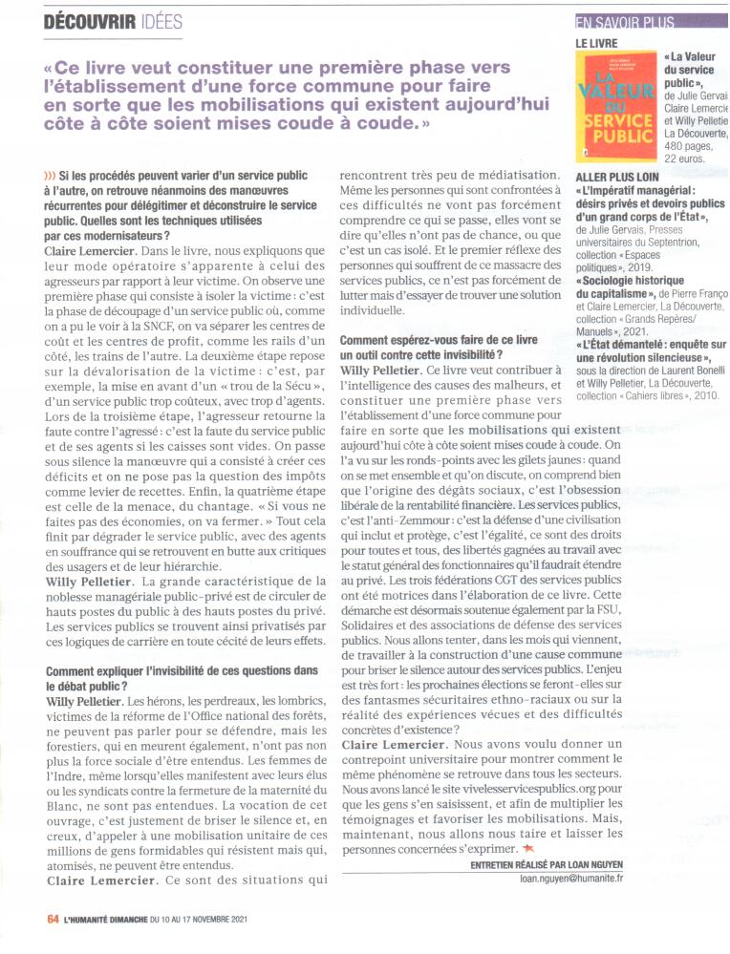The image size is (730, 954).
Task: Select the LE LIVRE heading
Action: click(x=596, y=43)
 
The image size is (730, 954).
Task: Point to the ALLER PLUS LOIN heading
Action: click(x=615, y=178)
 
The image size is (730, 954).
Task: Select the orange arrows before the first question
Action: click(x=50, y=176)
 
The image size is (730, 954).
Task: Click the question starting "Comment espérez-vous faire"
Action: click(x=440, y=339)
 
